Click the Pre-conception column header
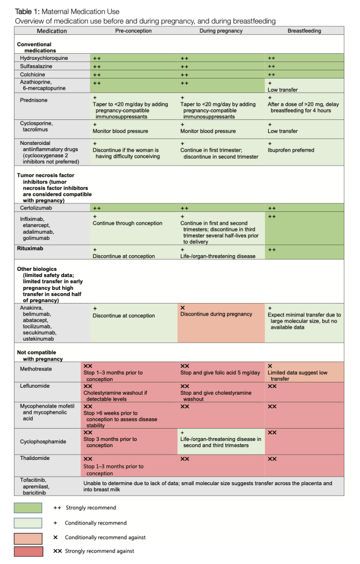(x=133, y=31)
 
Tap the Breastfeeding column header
(x=304, y=31)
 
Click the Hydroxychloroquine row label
(x=44, y=58)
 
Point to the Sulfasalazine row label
(x=36, y=66)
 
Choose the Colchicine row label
(x=32, y=75)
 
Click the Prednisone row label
(x=34, y=100)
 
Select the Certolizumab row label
(x=36, y=208)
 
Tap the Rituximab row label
(x=31, y=248)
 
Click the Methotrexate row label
(x=36, y=369)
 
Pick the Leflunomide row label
(x=35, y=386)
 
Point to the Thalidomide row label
(x=36, y=458)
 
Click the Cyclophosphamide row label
(x=42, y=441)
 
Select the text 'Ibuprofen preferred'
(x=291, y=150)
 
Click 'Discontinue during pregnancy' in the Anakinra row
(x=216, y=314)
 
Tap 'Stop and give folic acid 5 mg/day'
(x=220, y=373)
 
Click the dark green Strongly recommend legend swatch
(x=28, y=508)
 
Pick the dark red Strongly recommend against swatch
(x=28, y=551)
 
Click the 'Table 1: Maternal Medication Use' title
(x=67, y=11)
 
